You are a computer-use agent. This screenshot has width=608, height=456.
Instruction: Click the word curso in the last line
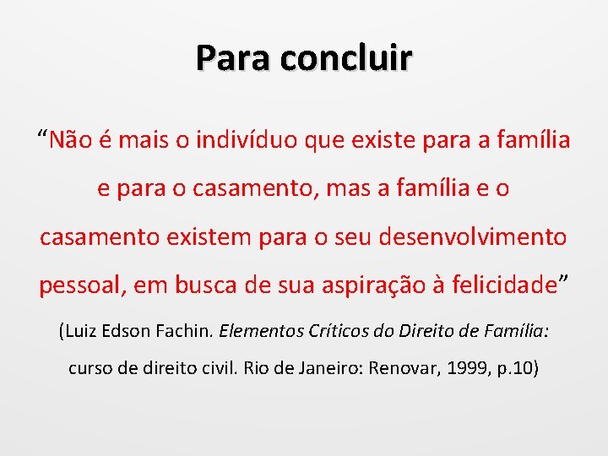tap(90, 369)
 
